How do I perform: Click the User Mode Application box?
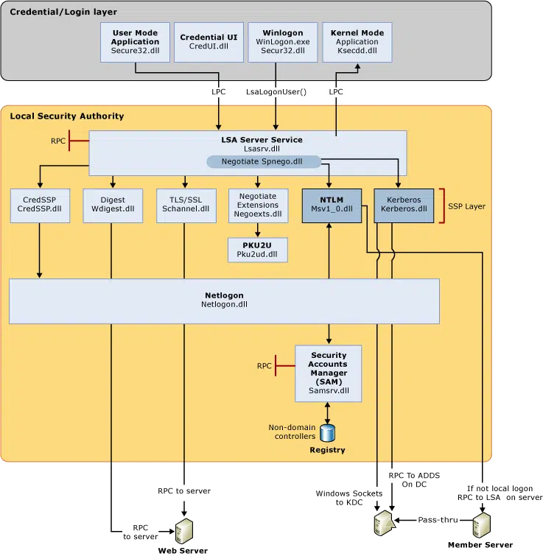(x=135, y=42)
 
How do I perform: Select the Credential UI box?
(x=209, y=42)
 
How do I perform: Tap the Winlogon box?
(x=283, y=42)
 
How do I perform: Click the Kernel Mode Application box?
(x=357, y=42)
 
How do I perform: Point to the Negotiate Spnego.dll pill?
(x=264, y=162)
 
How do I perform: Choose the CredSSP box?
(x=40, y=205)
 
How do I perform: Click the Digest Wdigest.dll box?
(x=113, y=205)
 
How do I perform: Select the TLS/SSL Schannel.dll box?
(x=186, y=205)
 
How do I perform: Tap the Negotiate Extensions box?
(x=258, y=205)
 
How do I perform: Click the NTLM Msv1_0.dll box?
(x=332, y=205)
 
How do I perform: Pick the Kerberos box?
(x=404, y=205)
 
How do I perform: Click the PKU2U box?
(x=257, y=250)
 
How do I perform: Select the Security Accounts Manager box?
(x=328, y=373)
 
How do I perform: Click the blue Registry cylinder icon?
(x=327, y=433)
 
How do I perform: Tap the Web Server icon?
(x=184, y=531)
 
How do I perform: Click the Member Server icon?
(x=482, y=525)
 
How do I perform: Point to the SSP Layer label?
(x=467, y=206)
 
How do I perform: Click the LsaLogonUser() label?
(x=276, y=92)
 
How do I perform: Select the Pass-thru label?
(x=438, y=520)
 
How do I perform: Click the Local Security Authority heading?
(x=67, y=116)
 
